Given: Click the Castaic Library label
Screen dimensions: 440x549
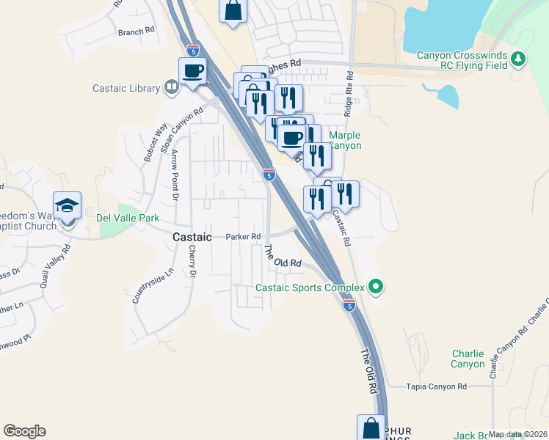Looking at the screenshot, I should point(126,89).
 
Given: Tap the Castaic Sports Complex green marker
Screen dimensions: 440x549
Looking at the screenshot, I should point(377,286).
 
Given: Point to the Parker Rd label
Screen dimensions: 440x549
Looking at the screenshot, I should point(244,237).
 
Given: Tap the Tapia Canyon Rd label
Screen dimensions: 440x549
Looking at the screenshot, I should point(437,386).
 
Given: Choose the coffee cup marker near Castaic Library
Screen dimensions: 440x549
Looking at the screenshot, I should point(192,72).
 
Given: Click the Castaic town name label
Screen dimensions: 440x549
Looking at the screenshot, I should point(192,238).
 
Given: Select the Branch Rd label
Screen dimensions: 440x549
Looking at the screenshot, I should point(137,32).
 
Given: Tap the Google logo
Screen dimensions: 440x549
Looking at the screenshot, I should point(24,431).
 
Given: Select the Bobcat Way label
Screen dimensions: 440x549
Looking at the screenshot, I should point(151,144).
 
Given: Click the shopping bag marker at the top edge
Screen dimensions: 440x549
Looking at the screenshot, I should point(233,11).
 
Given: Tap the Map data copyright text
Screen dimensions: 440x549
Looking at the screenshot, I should point(517,434).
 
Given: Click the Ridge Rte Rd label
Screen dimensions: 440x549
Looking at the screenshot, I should point(349,95).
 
